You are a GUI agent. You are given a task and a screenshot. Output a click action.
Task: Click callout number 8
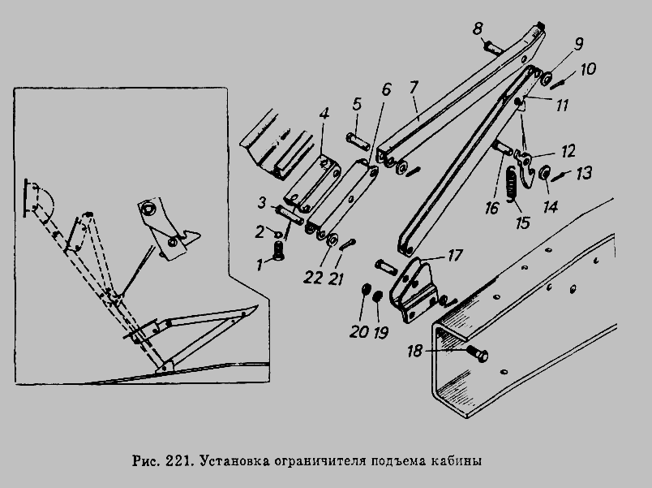coord(478,29)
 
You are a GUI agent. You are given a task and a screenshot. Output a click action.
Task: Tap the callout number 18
coord(414,352)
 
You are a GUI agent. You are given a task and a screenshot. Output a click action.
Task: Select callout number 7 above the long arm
coord(414,88)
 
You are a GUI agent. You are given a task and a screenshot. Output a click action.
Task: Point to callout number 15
coord(523,222)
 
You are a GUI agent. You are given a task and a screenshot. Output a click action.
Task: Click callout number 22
coord(313,278)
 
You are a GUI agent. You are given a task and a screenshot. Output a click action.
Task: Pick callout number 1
coord(260,265)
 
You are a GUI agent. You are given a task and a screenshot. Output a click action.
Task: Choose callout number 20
coord(359,332)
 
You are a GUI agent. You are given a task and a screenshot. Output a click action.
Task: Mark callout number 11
coord(562,106)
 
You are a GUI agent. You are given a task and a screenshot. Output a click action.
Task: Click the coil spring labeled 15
coord(512,184)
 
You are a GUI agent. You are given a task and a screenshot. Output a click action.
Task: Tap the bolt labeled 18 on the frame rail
coord(478,354)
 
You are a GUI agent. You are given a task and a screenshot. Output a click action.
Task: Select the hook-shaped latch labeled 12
coord(524,167)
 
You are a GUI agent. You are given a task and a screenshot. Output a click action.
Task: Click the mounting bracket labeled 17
coord(414,291)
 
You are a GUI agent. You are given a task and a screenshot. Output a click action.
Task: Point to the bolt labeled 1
coord(278,251)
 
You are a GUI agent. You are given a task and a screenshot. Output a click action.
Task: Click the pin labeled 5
coord(357,141)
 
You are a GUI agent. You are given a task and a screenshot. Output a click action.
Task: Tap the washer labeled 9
coord(547,78)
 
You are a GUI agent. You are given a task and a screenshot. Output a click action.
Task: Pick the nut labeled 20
coord(366,288)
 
